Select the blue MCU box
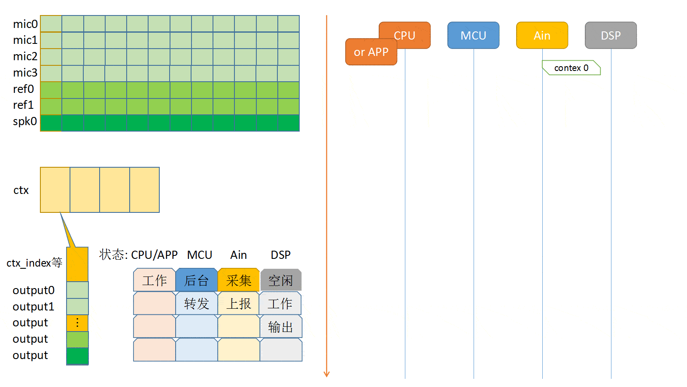point(473,35)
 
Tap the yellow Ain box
point(542,35)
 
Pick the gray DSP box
point(611,35)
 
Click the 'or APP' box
point(371,52)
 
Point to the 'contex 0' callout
point(571,68)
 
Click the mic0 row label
point(25,24)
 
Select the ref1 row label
point(23,105)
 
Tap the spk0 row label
point(25,121)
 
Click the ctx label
point(21,190)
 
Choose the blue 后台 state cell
point(197,280)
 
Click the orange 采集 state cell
point(239,280)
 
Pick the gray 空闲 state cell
point(281,280)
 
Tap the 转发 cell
point(197,304)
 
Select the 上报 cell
point(239,304)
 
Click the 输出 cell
point(281,327)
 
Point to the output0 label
point(33,290)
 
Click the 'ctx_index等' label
point(34,263)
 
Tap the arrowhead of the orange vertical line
point(327,374)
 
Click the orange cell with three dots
point(77,323)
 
